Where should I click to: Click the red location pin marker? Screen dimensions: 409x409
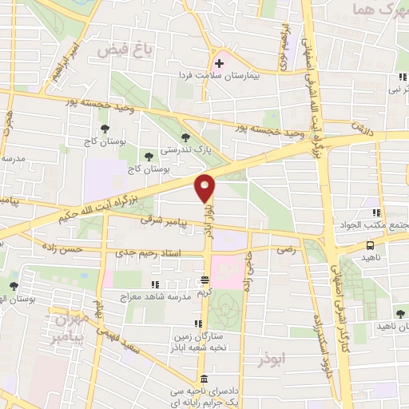point(205,188)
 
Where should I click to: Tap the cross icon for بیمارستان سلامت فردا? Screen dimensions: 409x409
point(218,62)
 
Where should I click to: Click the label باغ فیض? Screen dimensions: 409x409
point(125,50)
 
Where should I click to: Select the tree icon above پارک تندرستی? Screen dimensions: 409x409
point(186,137)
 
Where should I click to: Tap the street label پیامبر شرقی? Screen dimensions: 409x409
point(163,217)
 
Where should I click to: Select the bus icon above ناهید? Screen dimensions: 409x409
point(370,246)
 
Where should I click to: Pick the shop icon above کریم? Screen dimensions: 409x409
point(205,281)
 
